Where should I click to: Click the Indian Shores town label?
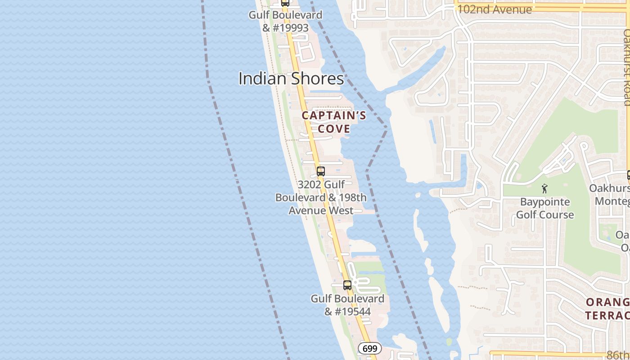click(x=291, y=79)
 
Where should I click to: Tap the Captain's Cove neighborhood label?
click(x=334, y=122)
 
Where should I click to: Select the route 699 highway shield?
click(x=370, y=348)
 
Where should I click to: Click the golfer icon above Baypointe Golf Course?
click(x=545, y=189)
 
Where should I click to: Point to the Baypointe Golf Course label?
click(x=545, y=208)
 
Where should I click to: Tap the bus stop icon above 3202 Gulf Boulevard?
click(x=321, y=171)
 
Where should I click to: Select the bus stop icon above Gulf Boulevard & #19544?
click(x=347, y=285)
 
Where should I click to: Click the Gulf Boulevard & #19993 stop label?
click(x=286, y=21)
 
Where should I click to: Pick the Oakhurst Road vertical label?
click(x=626, y=67)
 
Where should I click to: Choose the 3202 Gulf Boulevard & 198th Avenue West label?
click(x=321, y=198)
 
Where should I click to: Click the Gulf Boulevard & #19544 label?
click(x=347, y=305)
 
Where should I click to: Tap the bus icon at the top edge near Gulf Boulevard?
click(x=285, y=3)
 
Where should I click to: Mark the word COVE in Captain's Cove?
click(x=334, y=129)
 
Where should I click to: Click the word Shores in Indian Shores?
click(x=317, y=79)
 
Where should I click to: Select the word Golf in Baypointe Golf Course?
click(x=529, y=215)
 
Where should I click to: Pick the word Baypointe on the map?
click(x=545, y=202)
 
